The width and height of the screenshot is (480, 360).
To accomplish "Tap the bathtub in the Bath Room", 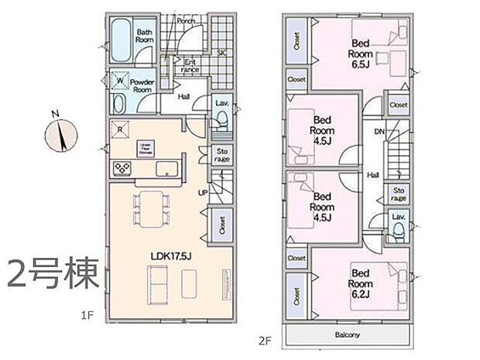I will click(122, 36).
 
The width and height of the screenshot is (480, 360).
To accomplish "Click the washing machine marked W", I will click(121, 79).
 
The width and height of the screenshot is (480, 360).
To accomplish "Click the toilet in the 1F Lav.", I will click(221, 119).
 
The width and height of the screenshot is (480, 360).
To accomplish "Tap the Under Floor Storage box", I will click(145, 147).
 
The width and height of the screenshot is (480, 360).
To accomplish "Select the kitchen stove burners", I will click(122, 168).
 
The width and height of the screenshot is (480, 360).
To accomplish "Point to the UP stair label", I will click(203, 193).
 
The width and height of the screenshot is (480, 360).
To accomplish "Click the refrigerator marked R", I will click(121, 129).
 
